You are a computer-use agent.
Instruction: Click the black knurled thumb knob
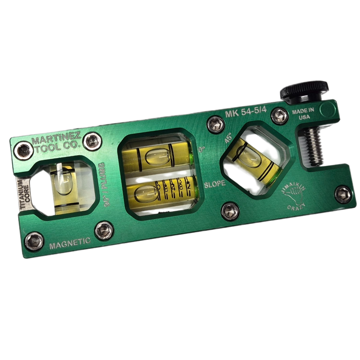tap(304, 89)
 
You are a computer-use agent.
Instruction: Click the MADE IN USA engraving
tap(303, 114)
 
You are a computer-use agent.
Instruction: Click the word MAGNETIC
tap(70, 244)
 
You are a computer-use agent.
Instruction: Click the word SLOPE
tap(215, 184)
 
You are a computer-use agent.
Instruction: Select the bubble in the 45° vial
tap(247, 154)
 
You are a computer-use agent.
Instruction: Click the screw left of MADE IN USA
tap(280, 116)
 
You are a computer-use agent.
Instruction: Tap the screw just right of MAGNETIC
tap(104, 230)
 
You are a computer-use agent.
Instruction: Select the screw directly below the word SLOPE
tap(230, 211)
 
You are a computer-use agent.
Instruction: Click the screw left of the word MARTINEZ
tap(24, 151)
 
